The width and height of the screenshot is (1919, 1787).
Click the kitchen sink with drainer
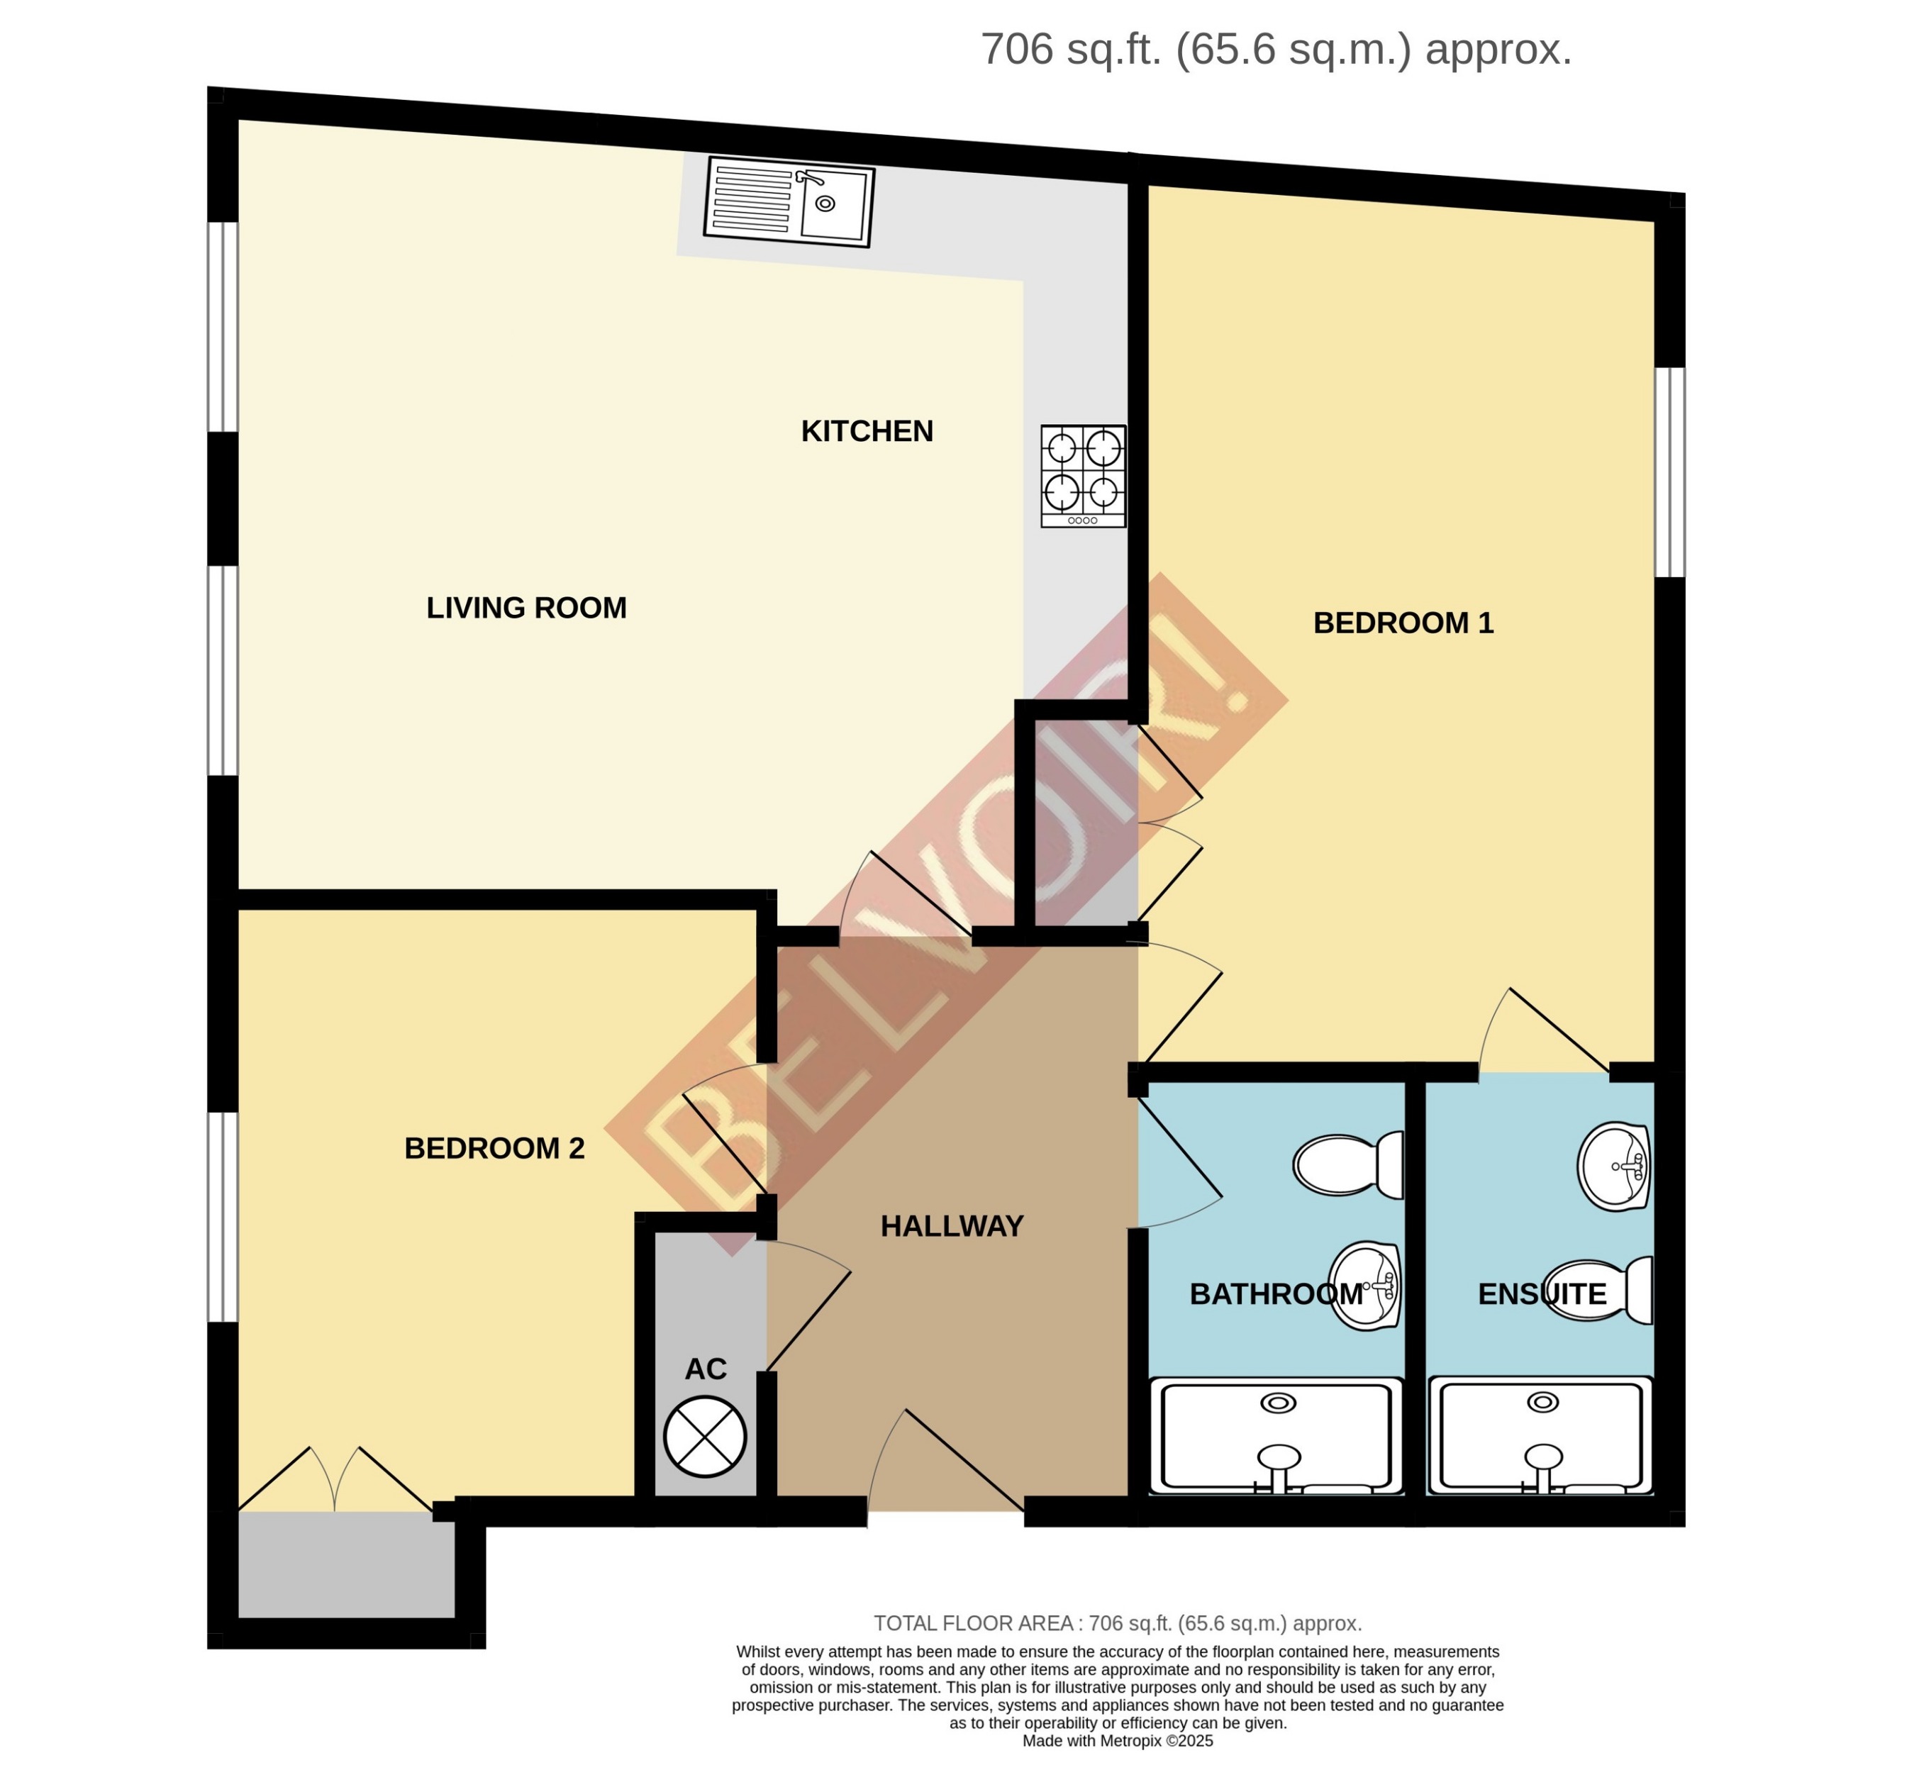click(x=789, y=201)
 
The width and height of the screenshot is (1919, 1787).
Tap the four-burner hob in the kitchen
click(x=1082, y=476)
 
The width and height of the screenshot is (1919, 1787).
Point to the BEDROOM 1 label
click(x=1403, y=623)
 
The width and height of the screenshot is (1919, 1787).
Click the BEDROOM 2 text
click(x=494, y=1149)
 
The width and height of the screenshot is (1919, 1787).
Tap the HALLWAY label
click(x=951, y=1227)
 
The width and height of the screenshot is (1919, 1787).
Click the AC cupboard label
click(x=705, y=1369)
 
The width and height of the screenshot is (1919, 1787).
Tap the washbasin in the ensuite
click(x=1613, y=1167)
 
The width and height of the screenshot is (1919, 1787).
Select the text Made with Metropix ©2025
click(x=1117, y=1742)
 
